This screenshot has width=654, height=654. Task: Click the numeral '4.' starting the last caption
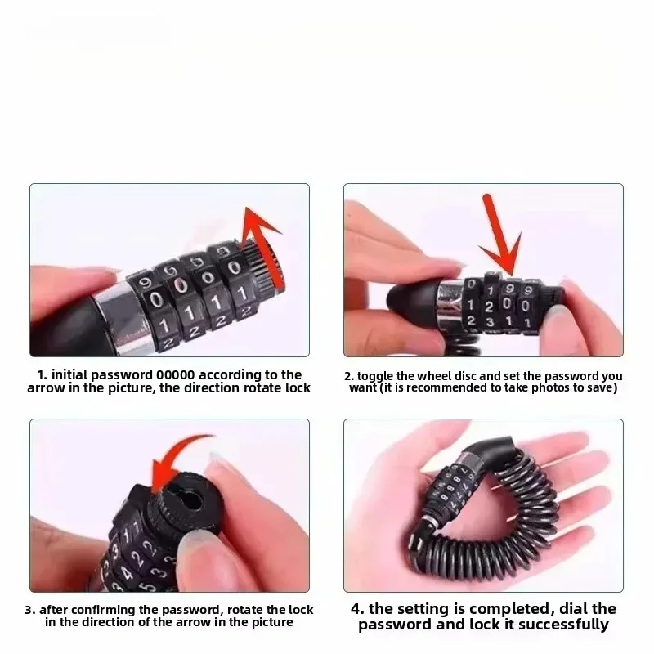click(x=357, y=608)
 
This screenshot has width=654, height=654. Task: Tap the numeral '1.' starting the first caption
click(x=43, y=374)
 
